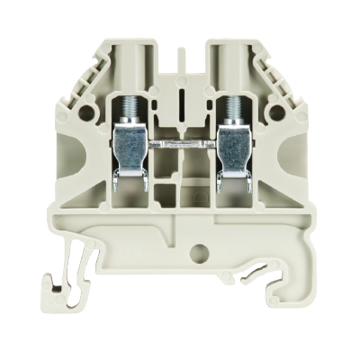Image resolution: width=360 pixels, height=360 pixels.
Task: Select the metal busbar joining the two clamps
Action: click(x=179, y=141)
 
